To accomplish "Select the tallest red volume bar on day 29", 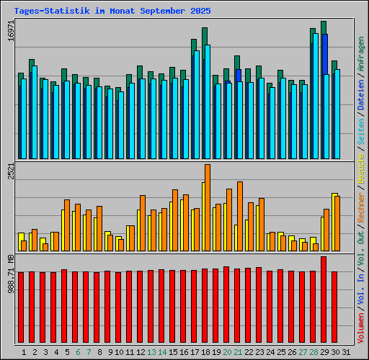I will [324, 295].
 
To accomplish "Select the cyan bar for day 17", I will [197, 104].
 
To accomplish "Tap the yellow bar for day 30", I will [334, 222].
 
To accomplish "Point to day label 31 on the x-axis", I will [345, 352].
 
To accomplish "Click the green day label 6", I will [78, 352].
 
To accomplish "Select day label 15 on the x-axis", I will [174, 352].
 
